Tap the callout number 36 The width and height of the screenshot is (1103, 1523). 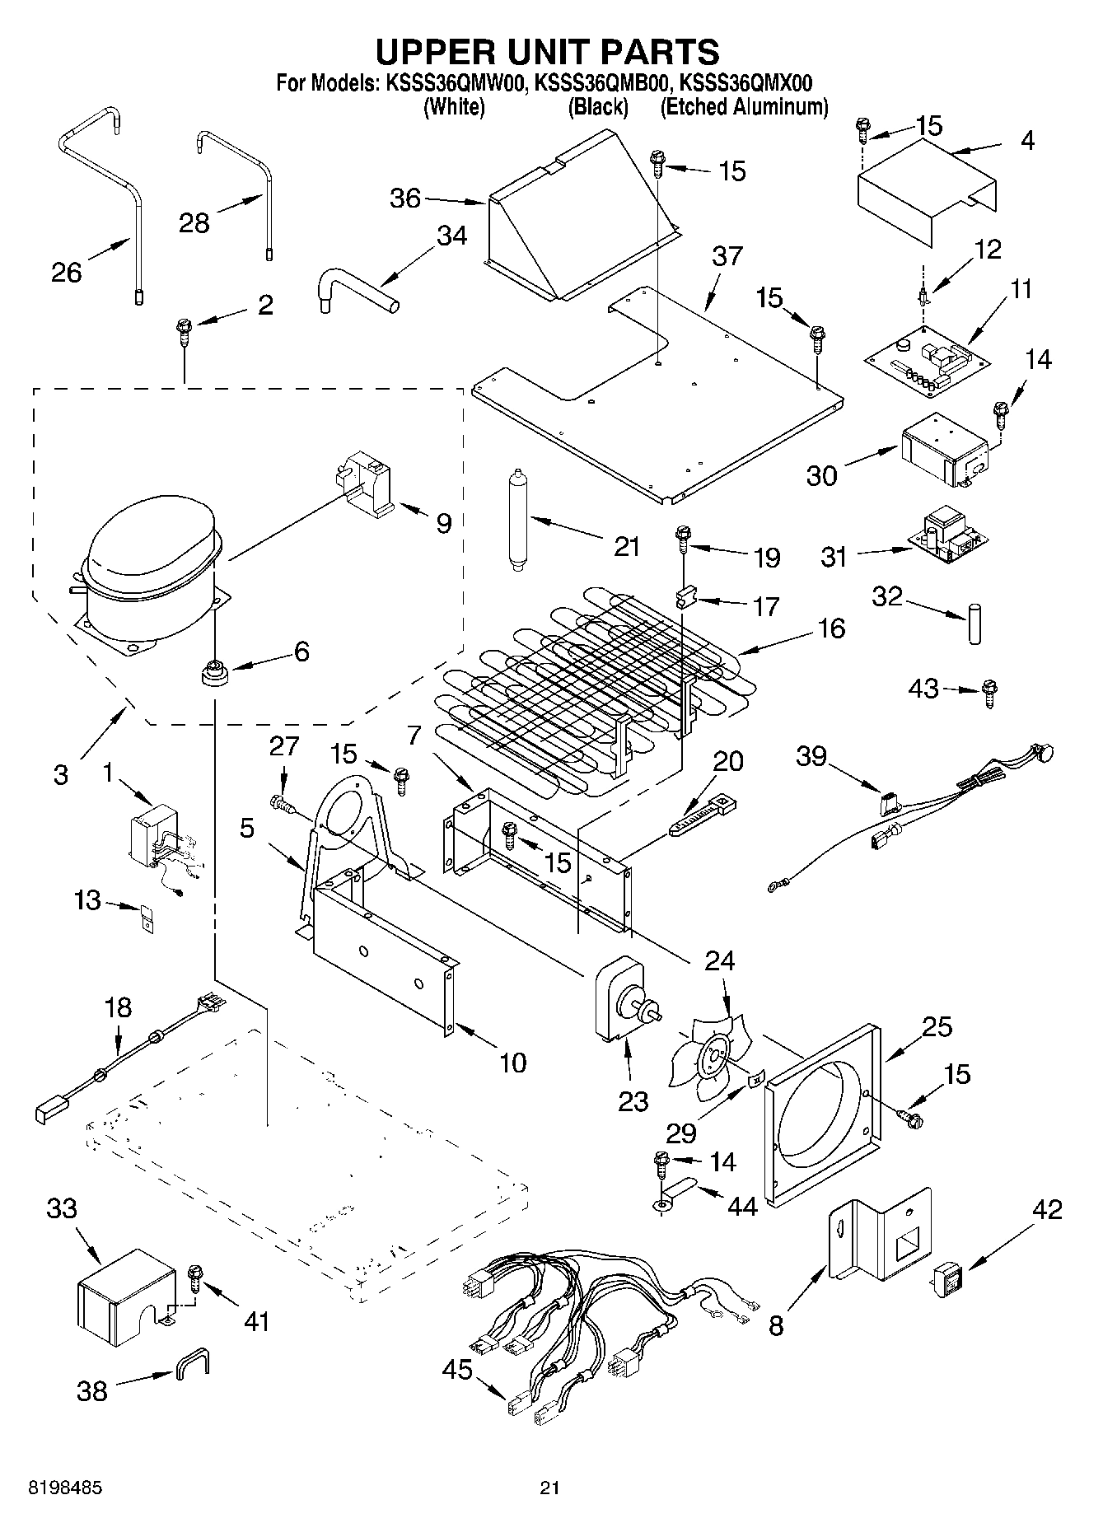[404, 199]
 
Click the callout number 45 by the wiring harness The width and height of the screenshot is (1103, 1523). [457, 1370]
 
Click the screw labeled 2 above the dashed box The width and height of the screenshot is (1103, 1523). [183, 335]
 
